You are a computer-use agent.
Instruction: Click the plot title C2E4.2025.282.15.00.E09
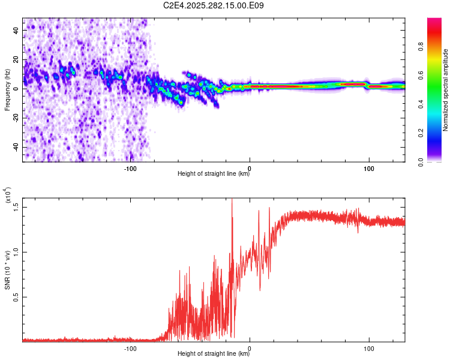[x=213, y=5]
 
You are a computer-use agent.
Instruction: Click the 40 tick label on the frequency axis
[x=16, y=30]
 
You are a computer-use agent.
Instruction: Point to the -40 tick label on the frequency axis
[x=16, y=148]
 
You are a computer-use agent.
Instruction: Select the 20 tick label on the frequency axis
[x=16, y=60]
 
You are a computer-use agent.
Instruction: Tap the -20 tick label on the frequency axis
[x=16, y=118]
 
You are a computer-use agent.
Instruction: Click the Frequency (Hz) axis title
[x=7, y=90]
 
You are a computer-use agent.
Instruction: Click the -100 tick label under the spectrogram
[x=130, y=169]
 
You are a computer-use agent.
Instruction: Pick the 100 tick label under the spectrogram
[x=369, y=169]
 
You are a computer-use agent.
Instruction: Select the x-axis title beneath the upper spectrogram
[x=214, y=173]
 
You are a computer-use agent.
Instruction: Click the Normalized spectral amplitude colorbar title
[x=445, y=90]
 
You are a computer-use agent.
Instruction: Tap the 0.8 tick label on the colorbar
[x=421, y=47]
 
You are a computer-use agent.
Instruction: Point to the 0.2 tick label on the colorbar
[x=421, y=133]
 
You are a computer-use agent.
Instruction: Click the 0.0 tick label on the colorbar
[x=421, y=162]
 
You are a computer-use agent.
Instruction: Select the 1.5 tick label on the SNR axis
[x=16, y=207]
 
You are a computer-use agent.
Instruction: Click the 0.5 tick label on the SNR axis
[x=16, y=297]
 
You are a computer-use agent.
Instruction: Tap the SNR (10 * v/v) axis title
[x=7, y=270]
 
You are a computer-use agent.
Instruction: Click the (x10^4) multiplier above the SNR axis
[x=8, y=195]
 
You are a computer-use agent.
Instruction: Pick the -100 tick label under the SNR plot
[x=130, y=349]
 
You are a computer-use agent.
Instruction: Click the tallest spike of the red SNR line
[x=232, y=199]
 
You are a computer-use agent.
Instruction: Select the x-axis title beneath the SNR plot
[x=214, y=353]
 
